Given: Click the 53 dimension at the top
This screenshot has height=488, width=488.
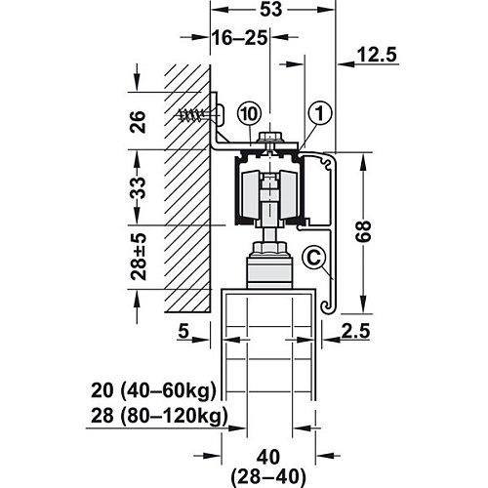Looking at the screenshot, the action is pos(270,10).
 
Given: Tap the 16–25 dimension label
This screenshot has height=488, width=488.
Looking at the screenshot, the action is pos(240,38).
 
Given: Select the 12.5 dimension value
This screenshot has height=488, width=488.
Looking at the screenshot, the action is pos(377,55).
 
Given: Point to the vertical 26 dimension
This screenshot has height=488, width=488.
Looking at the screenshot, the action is pos(138,121).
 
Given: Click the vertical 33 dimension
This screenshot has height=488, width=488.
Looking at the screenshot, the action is pos(138,188).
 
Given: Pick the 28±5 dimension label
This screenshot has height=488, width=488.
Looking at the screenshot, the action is pos(139,257).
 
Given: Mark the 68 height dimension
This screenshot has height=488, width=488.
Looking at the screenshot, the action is pos(363,231).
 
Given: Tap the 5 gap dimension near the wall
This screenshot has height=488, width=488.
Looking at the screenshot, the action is pos(183,331).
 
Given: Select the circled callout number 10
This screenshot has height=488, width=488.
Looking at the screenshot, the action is pos(250,114).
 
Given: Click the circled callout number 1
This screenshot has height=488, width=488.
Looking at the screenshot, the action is pos(320,114).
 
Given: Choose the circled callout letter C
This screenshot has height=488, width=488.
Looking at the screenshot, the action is pos(313,258).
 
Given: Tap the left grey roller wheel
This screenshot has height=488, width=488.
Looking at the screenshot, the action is pos(251,194).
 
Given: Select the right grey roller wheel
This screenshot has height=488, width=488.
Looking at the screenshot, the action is pos(289,194).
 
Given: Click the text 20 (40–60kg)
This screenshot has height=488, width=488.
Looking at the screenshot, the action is pos(153,390).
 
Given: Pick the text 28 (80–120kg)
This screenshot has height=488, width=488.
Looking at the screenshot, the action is pos(159,416).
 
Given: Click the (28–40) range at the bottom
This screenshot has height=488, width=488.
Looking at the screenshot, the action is pos(268,477).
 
